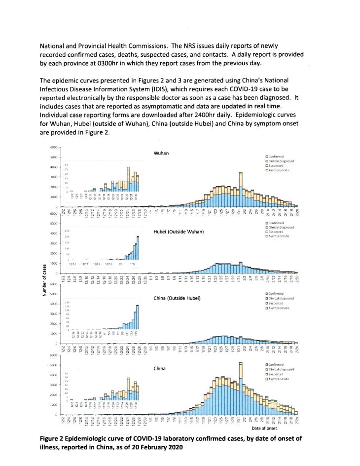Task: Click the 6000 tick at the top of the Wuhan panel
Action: [54, 148]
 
